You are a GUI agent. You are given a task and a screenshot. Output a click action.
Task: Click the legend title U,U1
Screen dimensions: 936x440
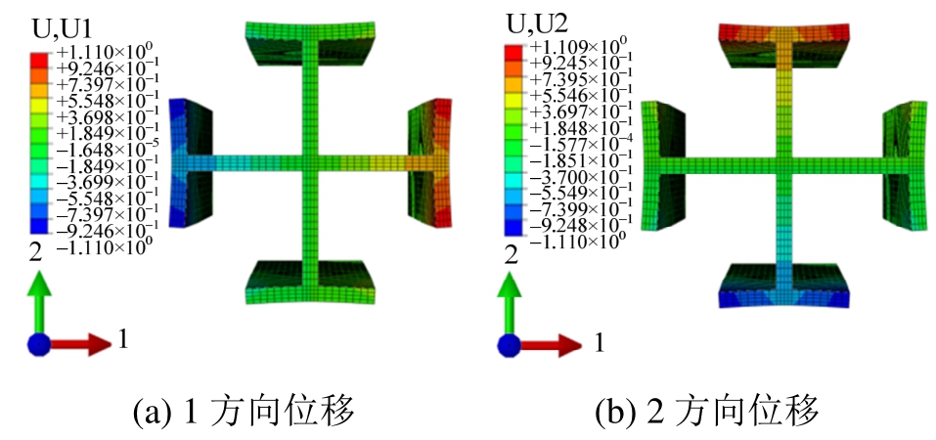(61, 27)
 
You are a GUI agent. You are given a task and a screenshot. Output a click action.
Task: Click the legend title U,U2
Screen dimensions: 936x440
(537, 23)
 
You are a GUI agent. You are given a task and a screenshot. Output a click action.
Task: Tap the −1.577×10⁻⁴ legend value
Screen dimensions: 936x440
(572, 140)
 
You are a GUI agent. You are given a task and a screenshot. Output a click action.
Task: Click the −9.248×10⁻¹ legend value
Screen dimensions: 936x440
(572, 225)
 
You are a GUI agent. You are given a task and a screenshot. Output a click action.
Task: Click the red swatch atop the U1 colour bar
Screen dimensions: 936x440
(38, 60)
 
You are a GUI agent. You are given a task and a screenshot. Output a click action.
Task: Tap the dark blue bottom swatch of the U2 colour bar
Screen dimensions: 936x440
(513, 228)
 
